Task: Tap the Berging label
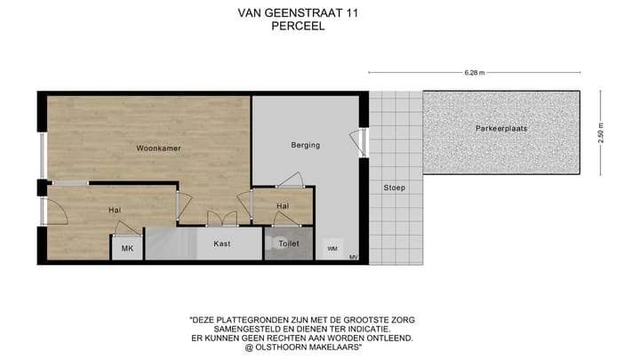click(x=305, y=145)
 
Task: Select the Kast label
click(x=222, y=243)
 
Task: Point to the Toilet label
click(x=289, y=243)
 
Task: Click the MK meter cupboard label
click(x=127, y=250)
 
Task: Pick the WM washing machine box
click(x=332, y=249)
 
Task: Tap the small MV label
click(x=354, y=258)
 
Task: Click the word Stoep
click(x=394, y=188)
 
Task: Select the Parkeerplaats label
click(x=501, y=128)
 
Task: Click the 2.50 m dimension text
click(x=602, y=132)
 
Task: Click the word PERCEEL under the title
click(x=298, y=27)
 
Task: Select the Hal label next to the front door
click(x=115, y=210)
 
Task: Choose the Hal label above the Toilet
click(x=283, y=206)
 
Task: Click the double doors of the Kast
click(x=221, y=219)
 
